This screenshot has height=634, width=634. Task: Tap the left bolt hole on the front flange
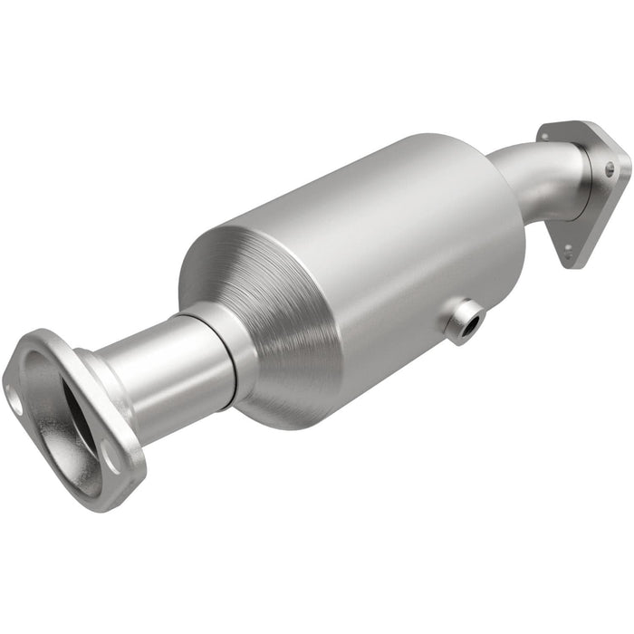pyautogui.click(x=15, y=395)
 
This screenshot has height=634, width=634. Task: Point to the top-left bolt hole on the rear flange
pyautogui.click(x=546, y=137)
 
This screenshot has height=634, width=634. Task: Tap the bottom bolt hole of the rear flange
pyautogui.click(x=568, y=251)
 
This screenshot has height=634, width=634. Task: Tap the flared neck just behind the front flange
pyautogui.click(x=100, y=380)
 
